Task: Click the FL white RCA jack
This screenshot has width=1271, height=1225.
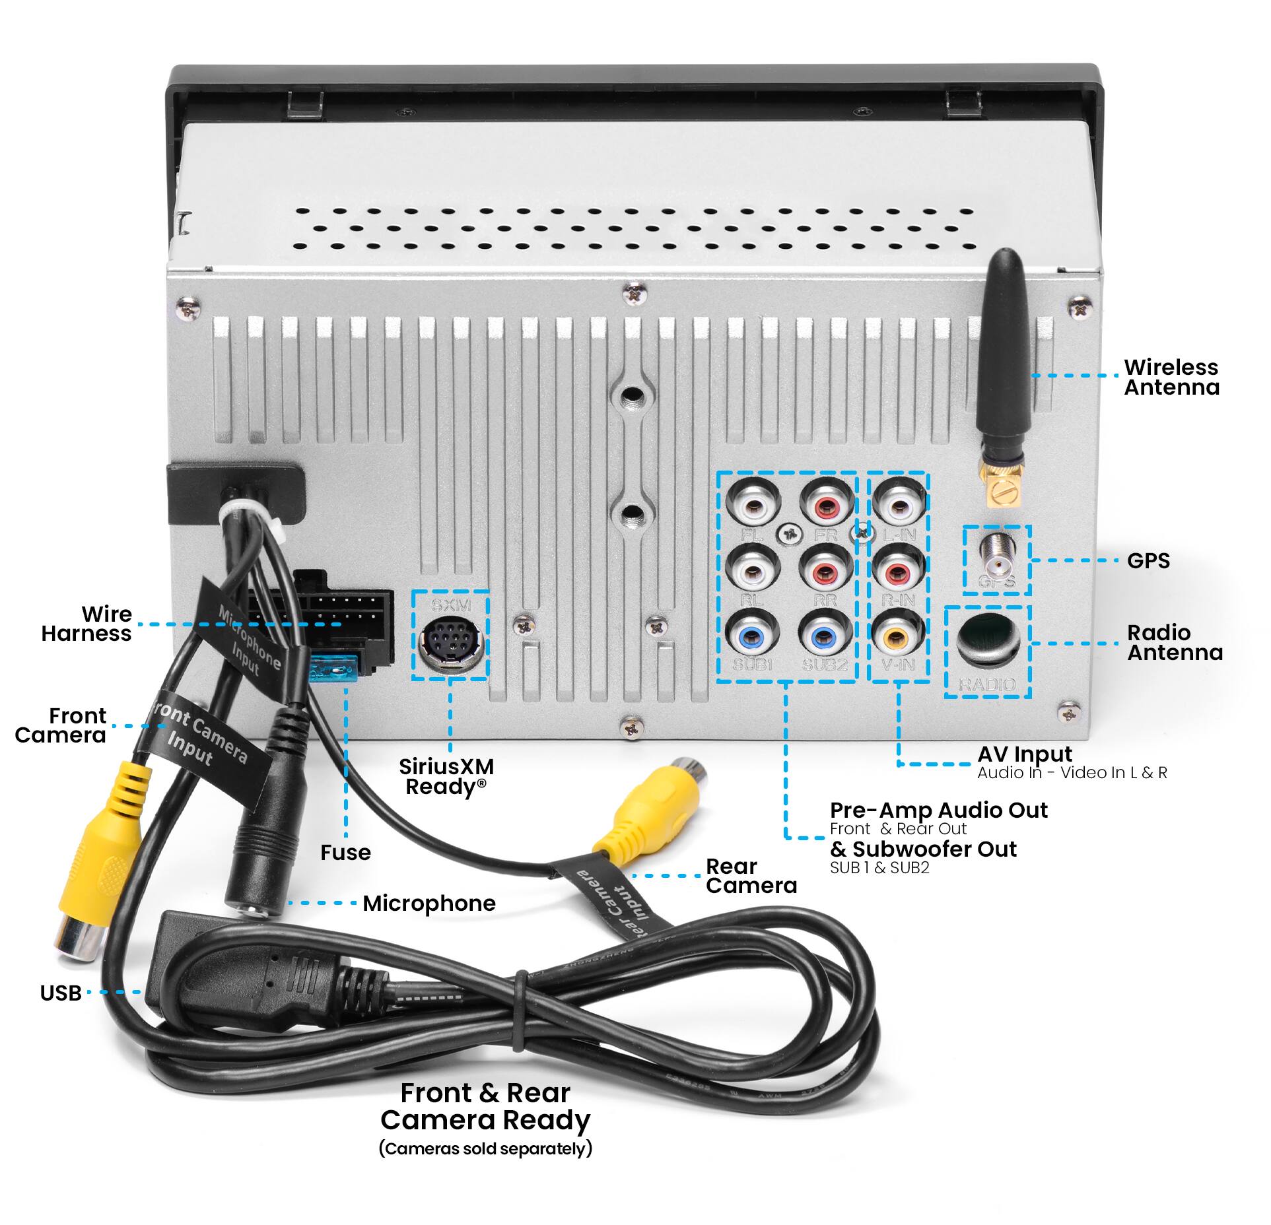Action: (752, 506)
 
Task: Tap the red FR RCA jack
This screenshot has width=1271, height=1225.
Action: (826, 506)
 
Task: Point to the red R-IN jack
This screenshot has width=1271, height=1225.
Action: (897, 572)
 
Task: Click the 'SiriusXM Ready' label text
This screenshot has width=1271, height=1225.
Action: (446, 776)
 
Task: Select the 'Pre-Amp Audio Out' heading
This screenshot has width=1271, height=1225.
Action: (938, 810)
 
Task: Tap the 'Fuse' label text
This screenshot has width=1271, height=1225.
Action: (345, 852)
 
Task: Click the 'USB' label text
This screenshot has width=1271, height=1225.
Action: (61, 992)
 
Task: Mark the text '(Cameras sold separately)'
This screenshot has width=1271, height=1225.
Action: (485, 1166)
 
